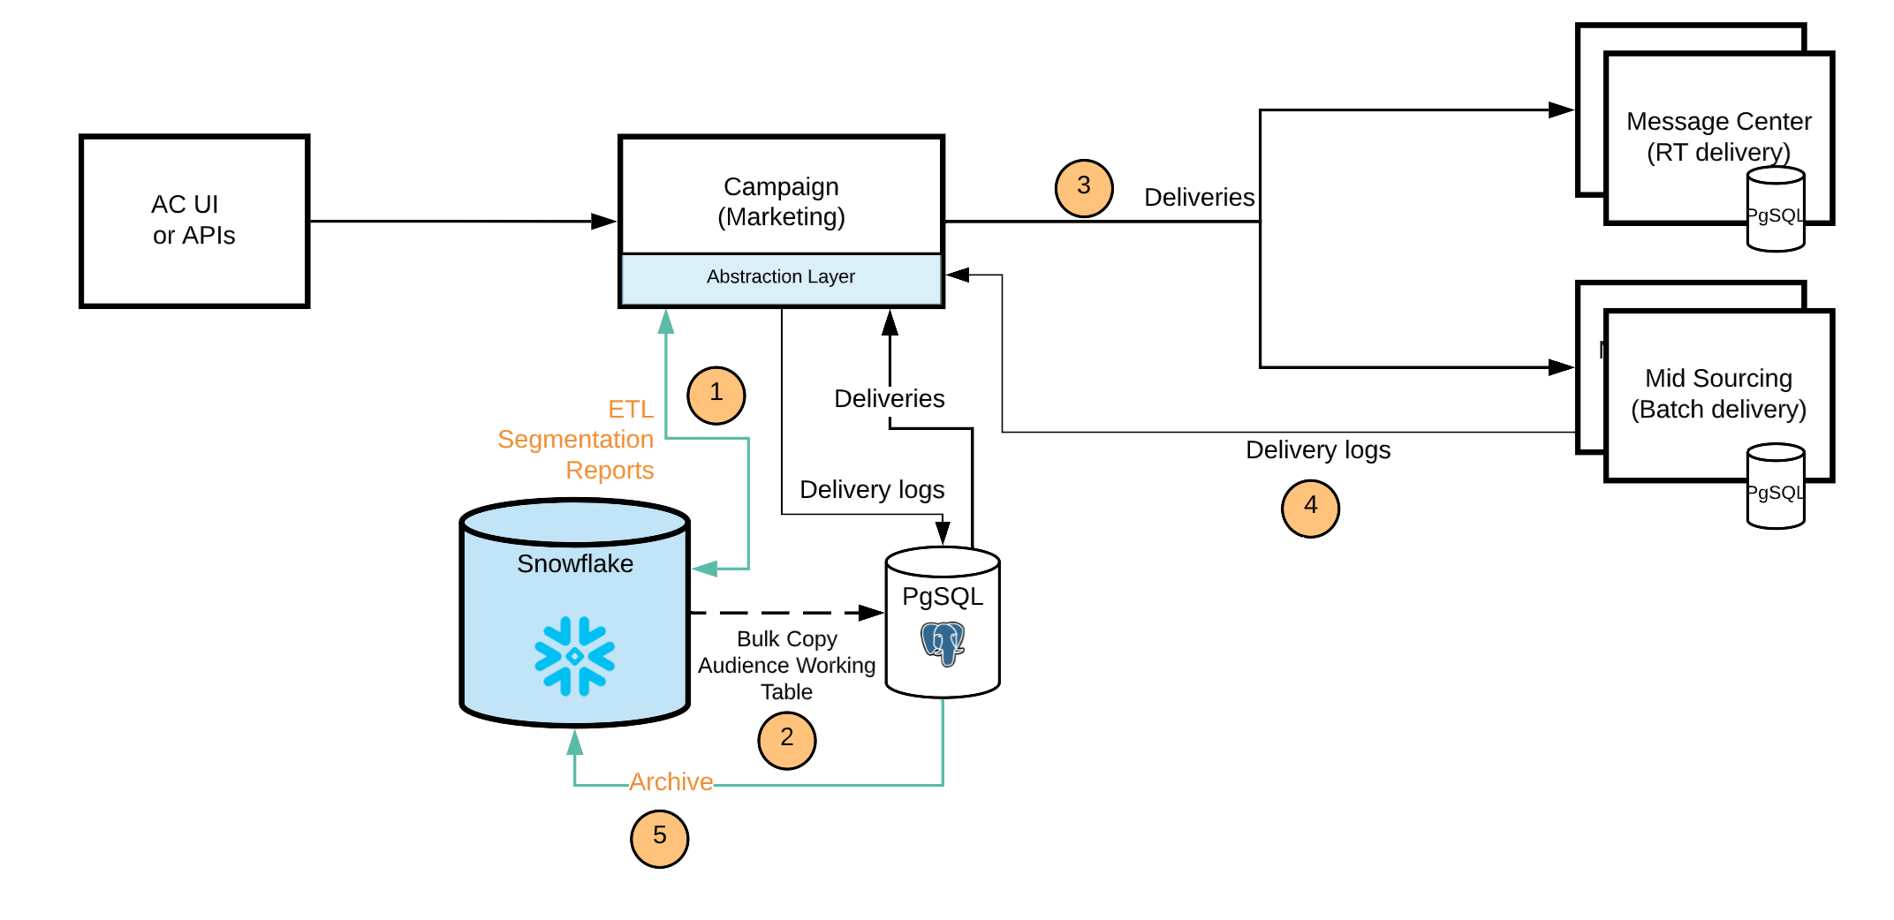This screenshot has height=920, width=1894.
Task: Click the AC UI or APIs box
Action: [194, 221]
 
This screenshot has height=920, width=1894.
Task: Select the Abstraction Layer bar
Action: [781, 277]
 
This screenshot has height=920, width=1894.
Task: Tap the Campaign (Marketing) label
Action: [781, 201]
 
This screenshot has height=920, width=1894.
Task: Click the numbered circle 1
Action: [716, 395]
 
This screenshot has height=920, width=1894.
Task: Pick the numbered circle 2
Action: [786, 740]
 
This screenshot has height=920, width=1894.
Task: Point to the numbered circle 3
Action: [1083, 187]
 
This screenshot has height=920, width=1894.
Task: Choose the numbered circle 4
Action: [1310, 508]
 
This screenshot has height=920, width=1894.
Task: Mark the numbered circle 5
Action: [659, 838]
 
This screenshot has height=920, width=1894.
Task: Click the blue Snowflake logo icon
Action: [574, 656]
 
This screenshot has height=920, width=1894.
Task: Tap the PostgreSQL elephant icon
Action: [943, 643]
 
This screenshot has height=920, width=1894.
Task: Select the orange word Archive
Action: [670, 781]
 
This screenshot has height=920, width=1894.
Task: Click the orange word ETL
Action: [631, 410]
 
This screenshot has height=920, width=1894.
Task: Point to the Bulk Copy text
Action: [786, 638]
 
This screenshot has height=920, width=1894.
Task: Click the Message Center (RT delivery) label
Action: [1718, 136]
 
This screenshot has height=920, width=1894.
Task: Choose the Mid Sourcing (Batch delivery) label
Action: [1718, 394]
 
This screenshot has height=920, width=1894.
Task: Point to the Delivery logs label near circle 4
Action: [1317, 450]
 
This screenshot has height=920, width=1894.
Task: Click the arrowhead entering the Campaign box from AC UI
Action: [604, 221]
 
